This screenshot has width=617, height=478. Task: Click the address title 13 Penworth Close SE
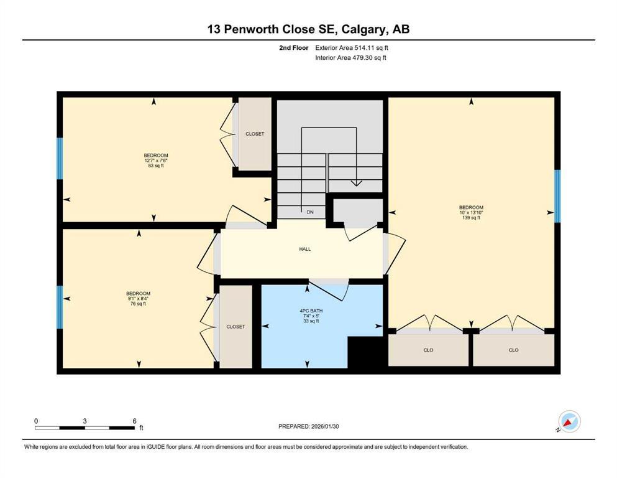click(308, 29)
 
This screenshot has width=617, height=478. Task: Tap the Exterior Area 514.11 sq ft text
click(352, 47)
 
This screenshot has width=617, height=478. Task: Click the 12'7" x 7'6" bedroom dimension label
click(156, 161)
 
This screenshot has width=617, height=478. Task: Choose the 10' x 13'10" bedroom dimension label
click(471, 212)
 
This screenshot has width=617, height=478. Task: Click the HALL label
click(304, 249)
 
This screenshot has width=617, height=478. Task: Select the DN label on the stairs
click(310, 212)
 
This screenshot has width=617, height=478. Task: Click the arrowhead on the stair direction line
click(356, 183)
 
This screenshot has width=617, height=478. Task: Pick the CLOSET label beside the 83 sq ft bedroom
click(255, 134)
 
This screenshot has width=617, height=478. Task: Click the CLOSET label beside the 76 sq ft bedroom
click(235, 327)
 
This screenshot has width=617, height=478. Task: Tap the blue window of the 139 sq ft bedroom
click(557, 196)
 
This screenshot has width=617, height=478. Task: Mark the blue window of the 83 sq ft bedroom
click(60, 158)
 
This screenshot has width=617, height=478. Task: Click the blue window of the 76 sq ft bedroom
click(60, 307)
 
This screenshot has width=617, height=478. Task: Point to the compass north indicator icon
click(569, 421)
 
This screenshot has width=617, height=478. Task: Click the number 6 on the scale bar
click(134, 421)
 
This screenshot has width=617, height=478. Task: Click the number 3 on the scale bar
click(85, 421)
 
